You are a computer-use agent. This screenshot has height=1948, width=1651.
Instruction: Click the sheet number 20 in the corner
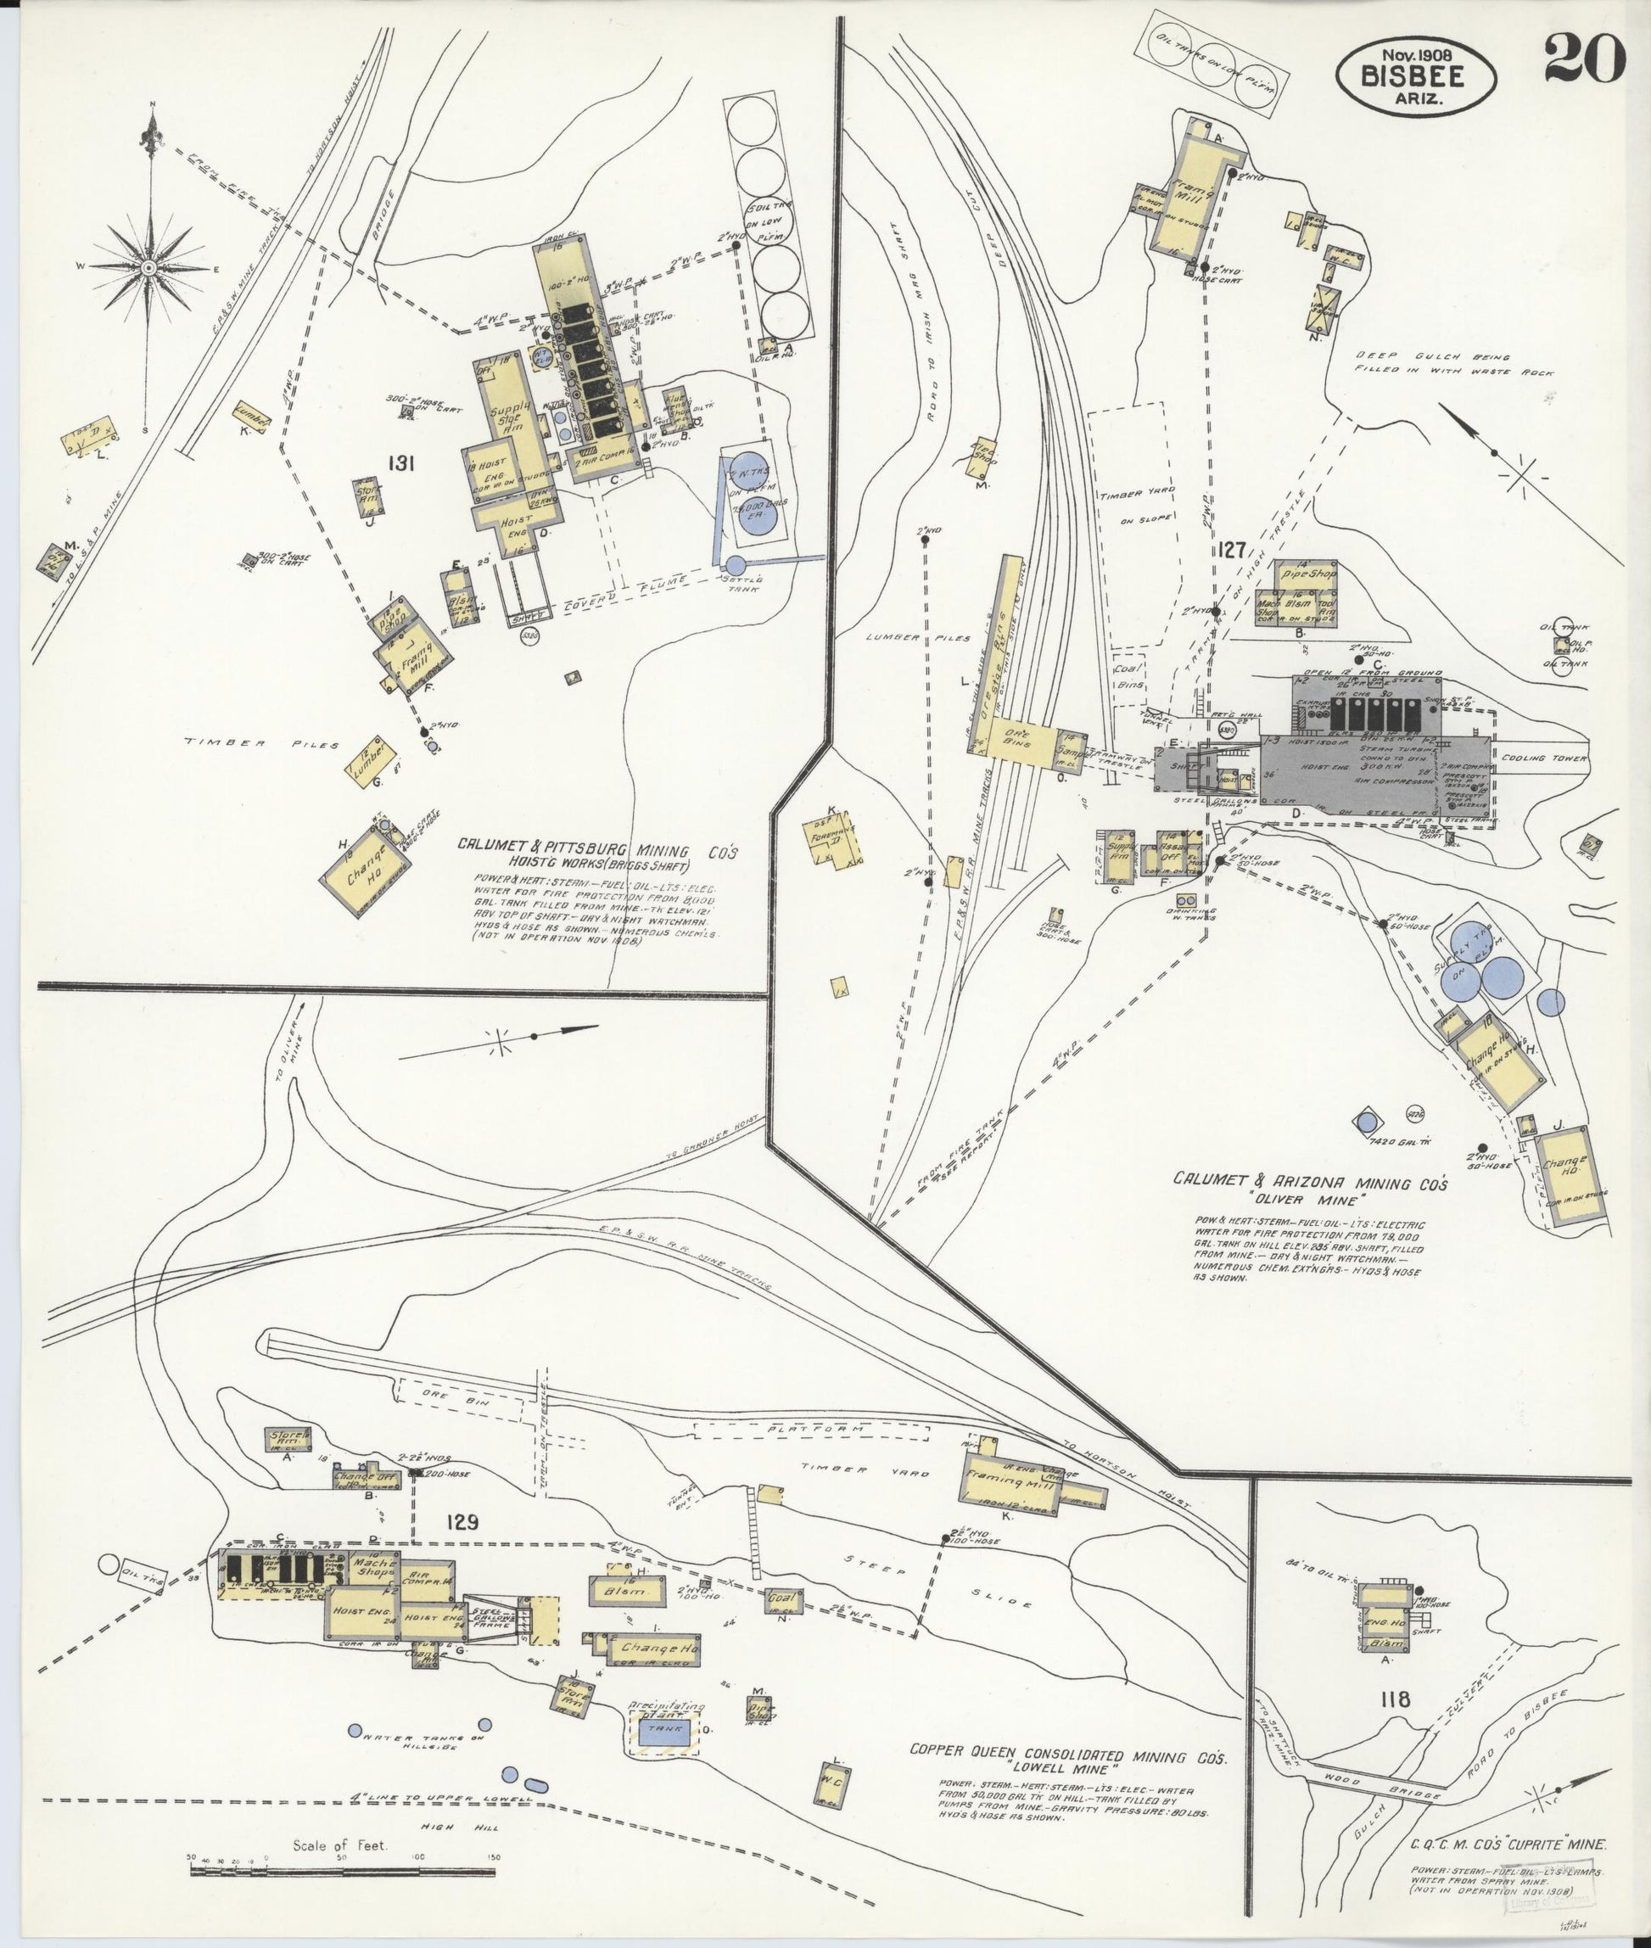click(x=1585, y=58)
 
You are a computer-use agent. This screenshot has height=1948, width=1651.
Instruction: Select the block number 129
click(x=462, y=1522)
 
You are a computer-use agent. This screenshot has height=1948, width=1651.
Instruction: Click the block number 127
click(x=1233, y=551)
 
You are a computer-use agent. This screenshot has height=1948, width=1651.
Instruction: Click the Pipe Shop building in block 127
click(x=1308, y=572)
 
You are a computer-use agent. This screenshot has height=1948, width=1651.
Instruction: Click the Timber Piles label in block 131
click(x=260, y=743)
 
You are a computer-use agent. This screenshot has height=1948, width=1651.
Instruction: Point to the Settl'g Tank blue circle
click(x=736, y=564)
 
